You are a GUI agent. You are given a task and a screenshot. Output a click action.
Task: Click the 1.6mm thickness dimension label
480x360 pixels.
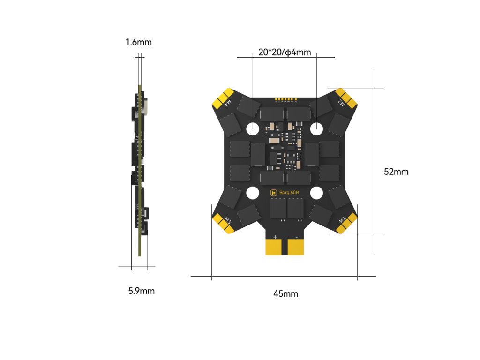pyautogui.click(x=138, y=43)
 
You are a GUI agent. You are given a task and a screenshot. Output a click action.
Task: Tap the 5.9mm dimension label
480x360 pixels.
pyautogui.click(x=141, y=291)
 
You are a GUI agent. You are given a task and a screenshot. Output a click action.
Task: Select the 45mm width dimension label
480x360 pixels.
pyautogui.click(x=285, y=294)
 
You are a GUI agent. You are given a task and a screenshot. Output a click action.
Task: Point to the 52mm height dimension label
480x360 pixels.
pyautogui.click(x=396, y=172)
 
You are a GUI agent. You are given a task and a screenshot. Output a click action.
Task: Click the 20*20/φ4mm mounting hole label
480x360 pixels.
pyautogui.click(x=285, y=52)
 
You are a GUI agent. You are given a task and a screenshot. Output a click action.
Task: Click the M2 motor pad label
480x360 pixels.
pyautogui.click(x=342, y=103)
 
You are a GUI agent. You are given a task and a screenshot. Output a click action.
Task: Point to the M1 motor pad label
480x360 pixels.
pyautogui.click(x=342, y=219)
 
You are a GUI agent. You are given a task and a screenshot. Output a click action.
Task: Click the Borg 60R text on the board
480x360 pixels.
pyautogui.click(x=289, y=192)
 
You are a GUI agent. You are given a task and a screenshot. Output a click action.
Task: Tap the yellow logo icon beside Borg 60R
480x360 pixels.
pyautogui.click(x=274, y=192)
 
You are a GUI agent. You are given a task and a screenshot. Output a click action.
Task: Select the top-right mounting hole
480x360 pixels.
pyautogui.click(x=316, y=127)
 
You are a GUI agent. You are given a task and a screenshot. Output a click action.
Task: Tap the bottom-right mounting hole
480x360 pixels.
pyautogui.click(x=316, y=192)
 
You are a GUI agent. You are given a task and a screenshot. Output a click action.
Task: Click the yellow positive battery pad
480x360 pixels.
pyautogui.click(x=274, y=247)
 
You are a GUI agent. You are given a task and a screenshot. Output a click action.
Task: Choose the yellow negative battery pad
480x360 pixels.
pyautogui.click(x=296, y=247)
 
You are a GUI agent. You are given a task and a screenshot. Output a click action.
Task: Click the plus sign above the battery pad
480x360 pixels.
pyautogui.click(x=275, y=237)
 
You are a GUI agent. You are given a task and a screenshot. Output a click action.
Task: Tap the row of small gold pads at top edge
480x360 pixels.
pyautogui.click(x=285, y=99)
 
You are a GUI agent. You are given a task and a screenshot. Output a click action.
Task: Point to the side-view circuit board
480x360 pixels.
pyautogui.click(x=140, y=171)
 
